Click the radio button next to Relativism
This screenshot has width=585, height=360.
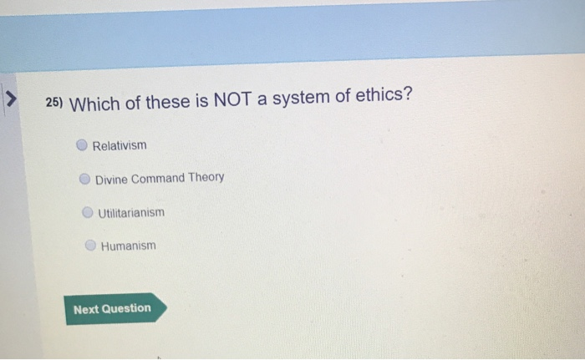pyautogui.click(x=81, y=145)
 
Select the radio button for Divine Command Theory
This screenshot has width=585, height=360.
pyautogui.click(x=84, y=178)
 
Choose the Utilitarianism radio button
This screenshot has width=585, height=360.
pyautogui.click(x=87, y=212)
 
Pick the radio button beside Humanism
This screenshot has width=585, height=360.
pyautogui.click(x=90, y=246)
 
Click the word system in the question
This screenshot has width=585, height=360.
pyautogui.click(x=314, y=100)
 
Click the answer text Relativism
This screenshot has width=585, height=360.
pyautogui.click(x=120, y=145)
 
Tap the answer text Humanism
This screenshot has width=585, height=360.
pyautogui.click(x=129, y=246)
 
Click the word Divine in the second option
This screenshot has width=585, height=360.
pyautogui.click(x=111, y=179)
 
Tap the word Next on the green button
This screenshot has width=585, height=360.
pyautogui.click(x=86, y=309)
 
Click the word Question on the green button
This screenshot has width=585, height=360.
pyautogui.click(x=127, y=308)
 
